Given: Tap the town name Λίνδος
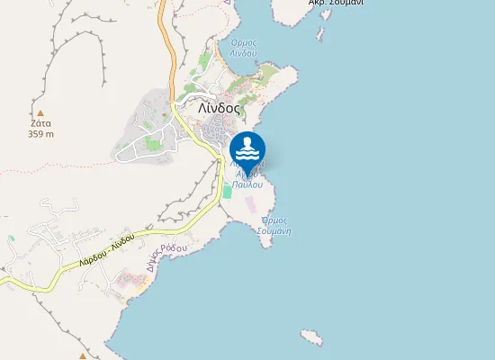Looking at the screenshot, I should point(219,107).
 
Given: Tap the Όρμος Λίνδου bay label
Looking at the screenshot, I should point(245,48).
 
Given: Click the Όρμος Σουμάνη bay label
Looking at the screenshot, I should point(274,225).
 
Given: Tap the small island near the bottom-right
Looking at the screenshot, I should point(311,337).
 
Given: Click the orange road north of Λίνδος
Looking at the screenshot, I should point(167,45).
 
